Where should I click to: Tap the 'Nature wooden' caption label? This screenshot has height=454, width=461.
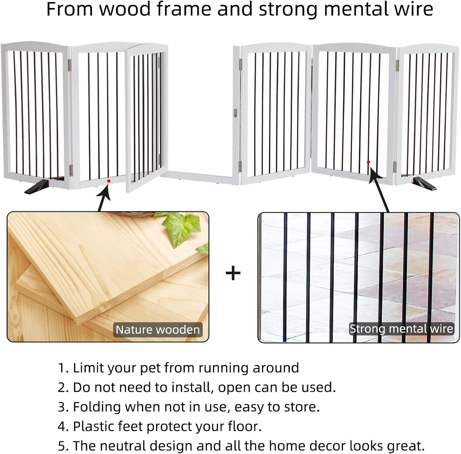point(158,330)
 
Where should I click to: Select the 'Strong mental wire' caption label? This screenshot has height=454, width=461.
point(401,329)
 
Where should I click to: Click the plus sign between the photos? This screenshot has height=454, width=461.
point(233,273)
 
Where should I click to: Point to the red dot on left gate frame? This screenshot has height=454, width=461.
point(109,181)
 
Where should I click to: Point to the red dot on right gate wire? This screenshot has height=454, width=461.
point(368,162)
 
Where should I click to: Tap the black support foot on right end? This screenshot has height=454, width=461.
point(424,185)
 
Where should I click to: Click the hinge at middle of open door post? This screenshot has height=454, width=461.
point(235,113)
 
